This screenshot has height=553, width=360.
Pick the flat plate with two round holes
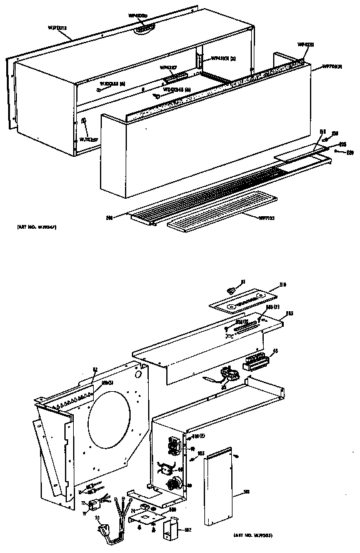coord(243,301)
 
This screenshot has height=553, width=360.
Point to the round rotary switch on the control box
coord(177,482)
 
